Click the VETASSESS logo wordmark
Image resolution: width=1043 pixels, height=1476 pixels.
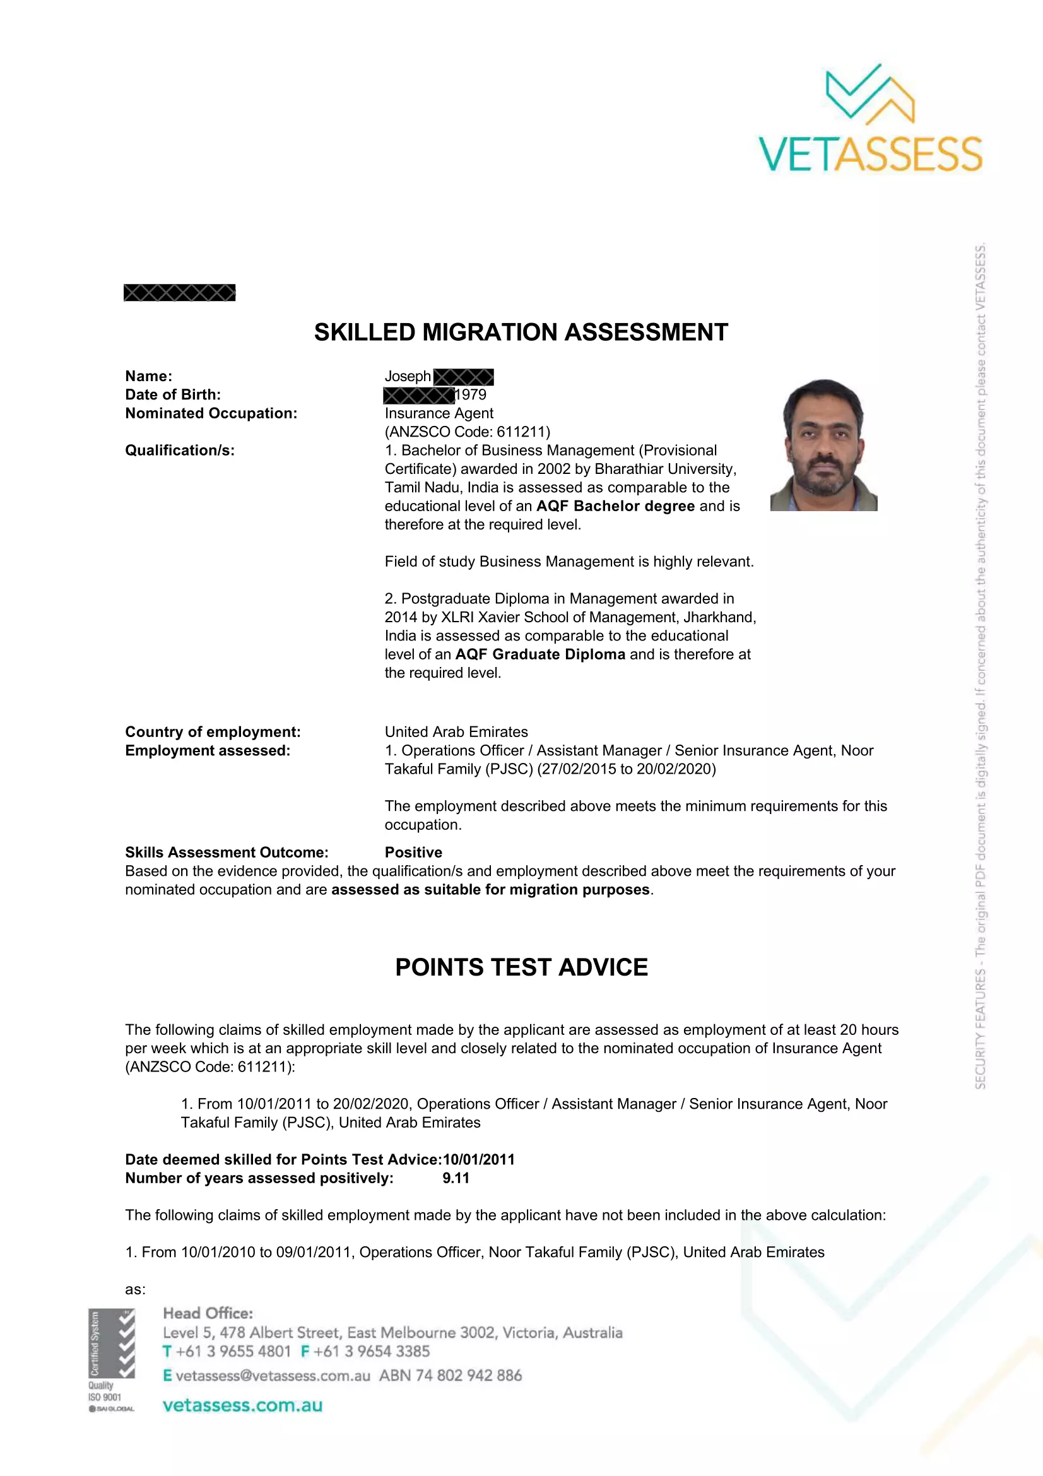point(870,153)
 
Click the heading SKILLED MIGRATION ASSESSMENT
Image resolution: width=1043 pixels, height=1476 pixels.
point(521,333)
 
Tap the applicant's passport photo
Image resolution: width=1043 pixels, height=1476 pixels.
point(824,445)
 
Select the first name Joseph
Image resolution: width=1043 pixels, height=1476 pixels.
point(408,376)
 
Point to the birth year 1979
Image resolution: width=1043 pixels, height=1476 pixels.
point(471,394)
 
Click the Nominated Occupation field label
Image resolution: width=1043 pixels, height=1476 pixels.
point(211,413)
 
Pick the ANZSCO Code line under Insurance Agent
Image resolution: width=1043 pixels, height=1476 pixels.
point(467,432)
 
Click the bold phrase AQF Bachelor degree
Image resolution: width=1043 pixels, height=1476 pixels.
point(615,506)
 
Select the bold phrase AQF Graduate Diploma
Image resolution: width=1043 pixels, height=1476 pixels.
point(540,654)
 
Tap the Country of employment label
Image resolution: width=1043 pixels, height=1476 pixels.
point(213,731)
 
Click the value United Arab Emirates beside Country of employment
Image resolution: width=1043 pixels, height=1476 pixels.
point(456,731)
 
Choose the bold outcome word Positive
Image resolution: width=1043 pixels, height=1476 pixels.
point(413,853)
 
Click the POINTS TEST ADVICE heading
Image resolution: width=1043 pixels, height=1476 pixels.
point(521,967)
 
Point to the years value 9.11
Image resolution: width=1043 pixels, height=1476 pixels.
point(456,1178)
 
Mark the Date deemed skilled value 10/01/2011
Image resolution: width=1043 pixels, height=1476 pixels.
point(479,1159)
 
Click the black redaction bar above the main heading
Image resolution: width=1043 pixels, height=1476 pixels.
point(179,293)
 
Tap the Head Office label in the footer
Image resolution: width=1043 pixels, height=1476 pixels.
point(208,1313)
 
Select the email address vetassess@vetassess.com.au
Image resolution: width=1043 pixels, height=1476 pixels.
point(273,1375)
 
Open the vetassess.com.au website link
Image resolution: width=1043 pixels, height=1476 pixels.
point(242,1405)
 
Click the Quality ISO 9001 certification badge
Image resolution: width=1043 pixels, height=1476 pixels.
point(112,1361)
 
